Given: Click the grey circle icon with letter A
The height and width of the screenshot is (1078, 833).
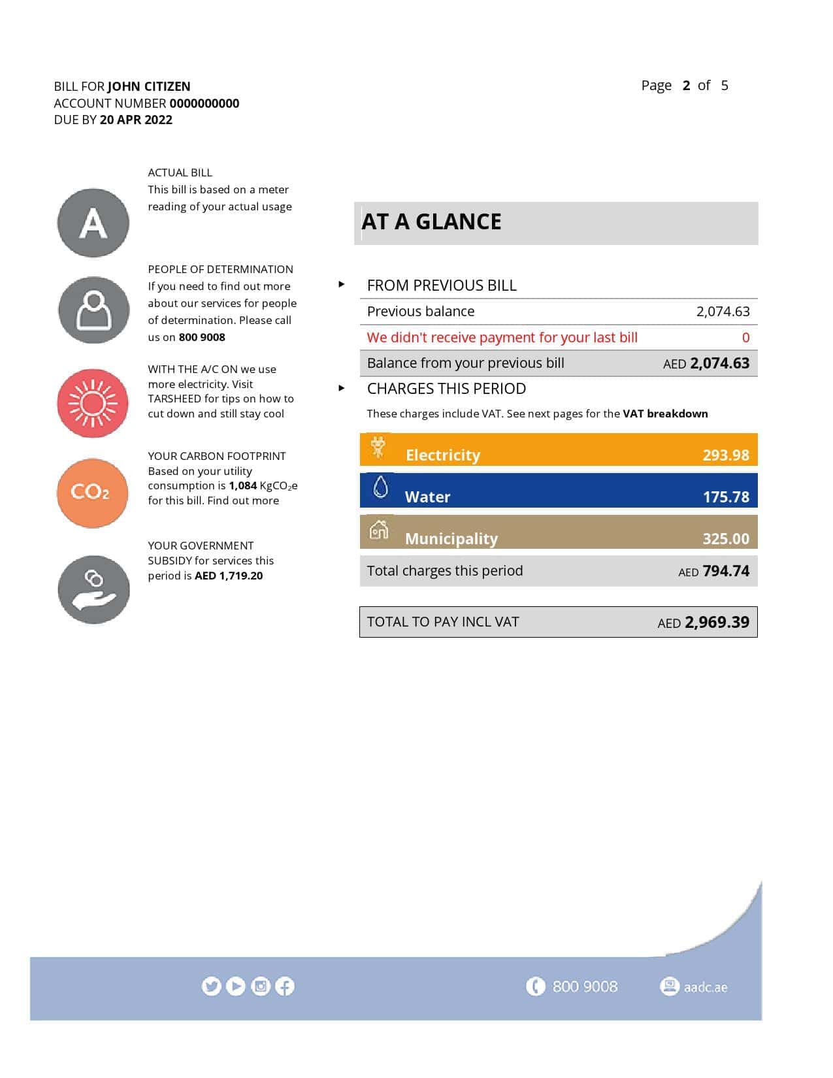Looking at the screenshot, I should (x=93, y=223).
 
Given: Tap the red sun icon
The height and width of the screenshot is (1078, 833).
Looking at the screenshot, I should (x=93, y=403).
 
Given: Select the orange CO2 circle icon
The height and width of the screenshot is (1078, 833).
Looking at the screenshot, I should (x=92, y=493).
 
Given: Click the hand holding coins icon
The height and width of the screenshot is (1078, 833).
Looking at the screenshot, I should (x=93, y=589).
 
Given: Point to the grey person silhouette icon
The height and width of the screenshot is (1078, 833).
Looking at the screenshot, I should (x=93, y=310).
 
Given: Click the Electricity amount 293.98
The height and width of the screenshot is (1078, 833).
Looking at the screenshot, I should (x=725, y=455).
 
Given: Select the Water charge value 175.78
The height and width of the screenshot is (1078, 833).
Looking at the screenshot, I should (x=725, y=497).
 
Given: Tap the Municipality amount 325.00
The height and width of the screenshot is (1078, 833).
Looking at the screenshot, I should (x=725, y=538).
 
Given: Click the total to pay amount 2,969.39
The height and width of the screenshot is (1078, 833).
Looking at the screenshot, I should (x=716, y=622).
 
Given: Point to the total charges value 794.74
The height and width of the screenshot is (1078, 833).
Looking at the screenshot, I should (x=725, y=571).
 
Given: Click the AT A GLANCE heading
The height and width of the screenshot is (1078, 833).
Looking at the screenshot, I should (x=431, y=222).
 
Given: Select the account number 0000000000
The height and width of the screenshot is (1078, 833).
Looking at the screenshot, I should (x=204, y=103).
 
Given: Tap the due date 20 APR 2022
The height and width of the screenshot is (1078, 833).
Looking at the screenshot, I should (x=136, y=120).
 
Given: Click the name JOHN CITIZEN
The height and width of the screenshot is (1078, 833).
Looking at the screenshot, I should (x=149, y=86).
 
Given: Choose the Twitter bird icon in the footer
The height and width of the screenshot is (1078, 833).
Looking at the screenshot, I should (x=211, y=986).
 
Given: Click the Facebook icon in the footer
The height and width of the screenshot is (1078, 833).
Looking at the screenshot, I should (x=285, y=986).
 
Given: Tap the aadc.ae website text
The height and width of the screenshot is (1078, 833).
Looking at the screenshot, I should (x=705, y=987).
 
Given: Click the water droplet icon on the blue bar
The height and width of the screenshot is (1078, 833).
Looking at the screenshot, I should (x=380, y=487).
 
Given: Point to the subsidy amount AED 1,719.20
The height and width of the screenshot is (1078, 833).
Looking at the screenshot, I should (x=229, y=576).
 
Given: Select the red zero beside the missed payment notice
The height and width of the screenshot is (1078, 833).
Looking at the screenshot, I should (x=745, y=338).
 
